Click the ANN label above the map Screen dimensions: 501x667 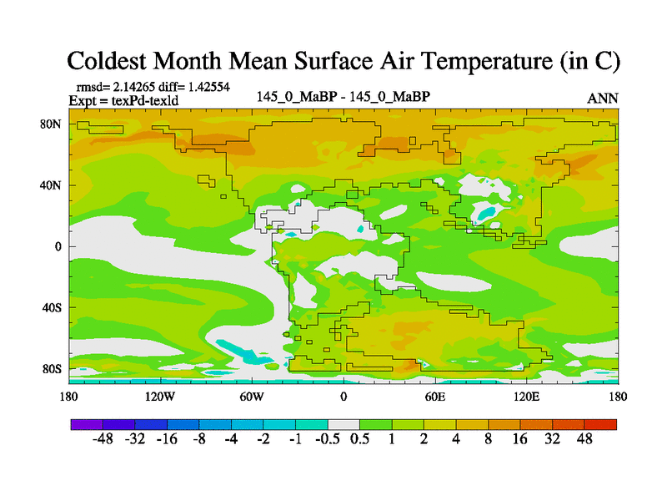[603, 99]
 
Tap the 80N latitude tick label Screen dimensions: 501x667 [53, 124]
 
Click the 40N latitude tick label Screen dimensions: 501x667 [53, 185]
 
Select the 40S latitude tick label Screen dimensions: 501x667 [53, 307]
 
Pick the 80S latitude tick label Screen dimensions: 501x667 [53, 368]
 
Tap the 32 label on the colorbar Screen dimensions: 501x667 [552, 438]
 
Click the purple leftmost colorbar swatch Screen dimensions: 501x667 [87, 424]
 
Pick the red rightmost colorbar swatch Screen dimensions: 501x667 [600, 424]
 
